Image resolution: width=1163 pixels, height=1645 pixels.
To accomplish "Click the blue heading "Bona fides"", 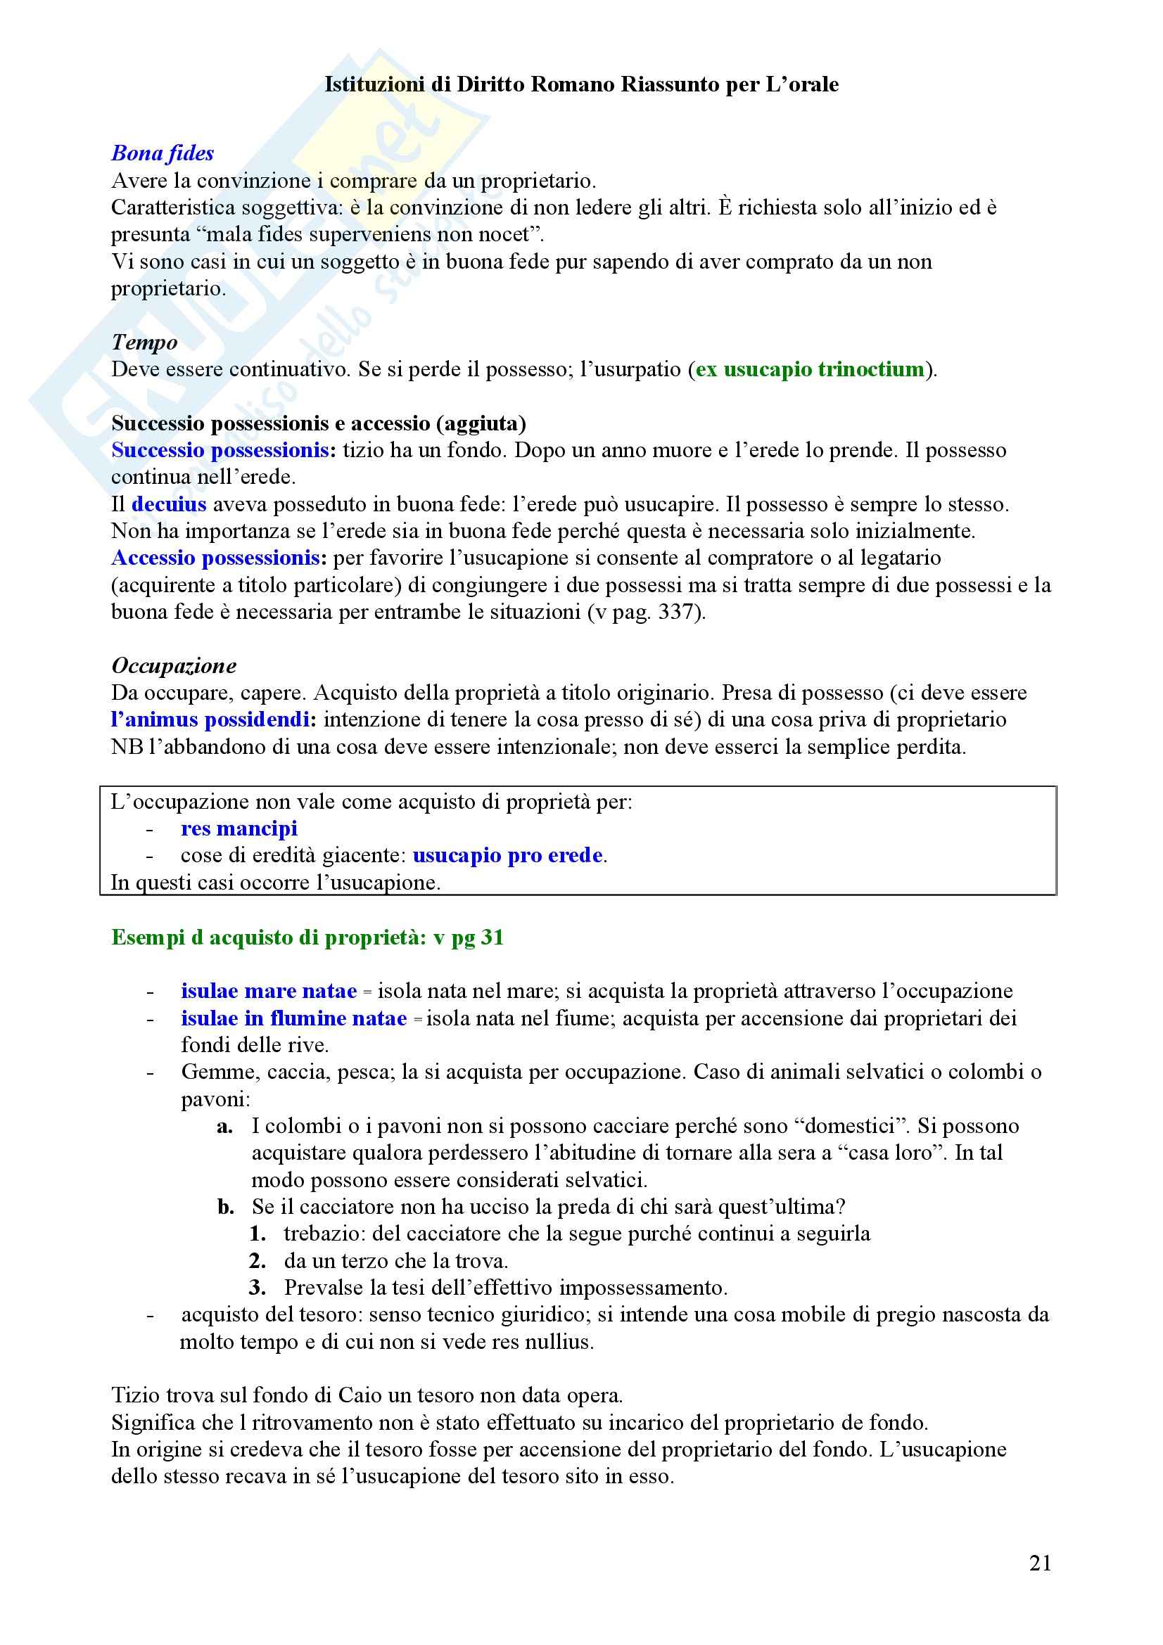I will pyautogui.click(x=163, y=153).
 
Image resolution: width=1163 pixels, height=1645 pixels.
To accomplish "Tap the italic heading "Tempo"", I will pyautogui.click(x=144, y=343).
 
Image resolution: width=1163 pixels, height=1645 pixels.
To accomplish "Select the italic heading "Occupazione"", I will pyautogui.click(x=173, y=665).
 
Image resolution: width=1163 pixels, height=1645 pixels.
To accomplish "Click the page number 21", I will pyautogui.click(x=1040, y=1563).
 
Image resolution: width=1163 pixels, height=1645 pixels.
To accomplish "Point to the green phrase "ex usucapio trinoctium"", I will pyautogui.click(x=810, y=370).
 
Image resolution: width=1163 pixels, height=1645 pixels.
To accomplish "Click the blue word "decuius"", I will pyautogui.click(x=168, y=504).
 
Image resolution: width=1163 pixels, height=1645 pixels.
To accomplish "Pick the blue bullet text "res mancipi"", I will pyautogui.click(x=239, y=829).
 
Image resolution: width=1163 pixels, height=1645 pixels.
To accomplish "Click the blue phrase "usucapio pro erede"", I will pyautogui.click(x=507, y=855).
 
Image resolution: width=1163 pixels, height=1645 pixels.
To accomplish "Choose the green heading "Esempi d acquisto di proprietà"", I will pyautogui.click(x=268, y=938).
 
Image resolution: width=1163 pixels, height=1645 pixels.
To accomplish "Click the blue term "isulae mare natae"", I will pyautogui.click(x=269, y=992).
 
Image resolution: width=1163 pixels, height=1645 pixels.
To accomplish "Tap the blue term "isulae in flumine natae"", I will pyautogui.click(x=293, y=1018).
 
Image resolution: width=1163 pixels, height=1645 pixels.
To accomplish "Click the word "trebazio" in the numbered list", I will pyautogui.click(x=316, y=1234).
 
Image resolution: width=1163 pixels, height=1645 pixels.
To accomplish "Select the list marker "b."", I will pyautogui.click(x=226, y=1208).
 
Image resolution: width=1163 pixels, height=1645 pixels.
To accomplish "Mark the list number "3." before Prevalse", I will pyautogui.click(x=258, y=1288).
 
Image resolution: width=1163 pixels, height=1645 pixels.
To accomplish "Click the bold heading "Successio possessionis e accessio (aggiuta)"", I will pyautogui.click(x=318, y=423).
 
